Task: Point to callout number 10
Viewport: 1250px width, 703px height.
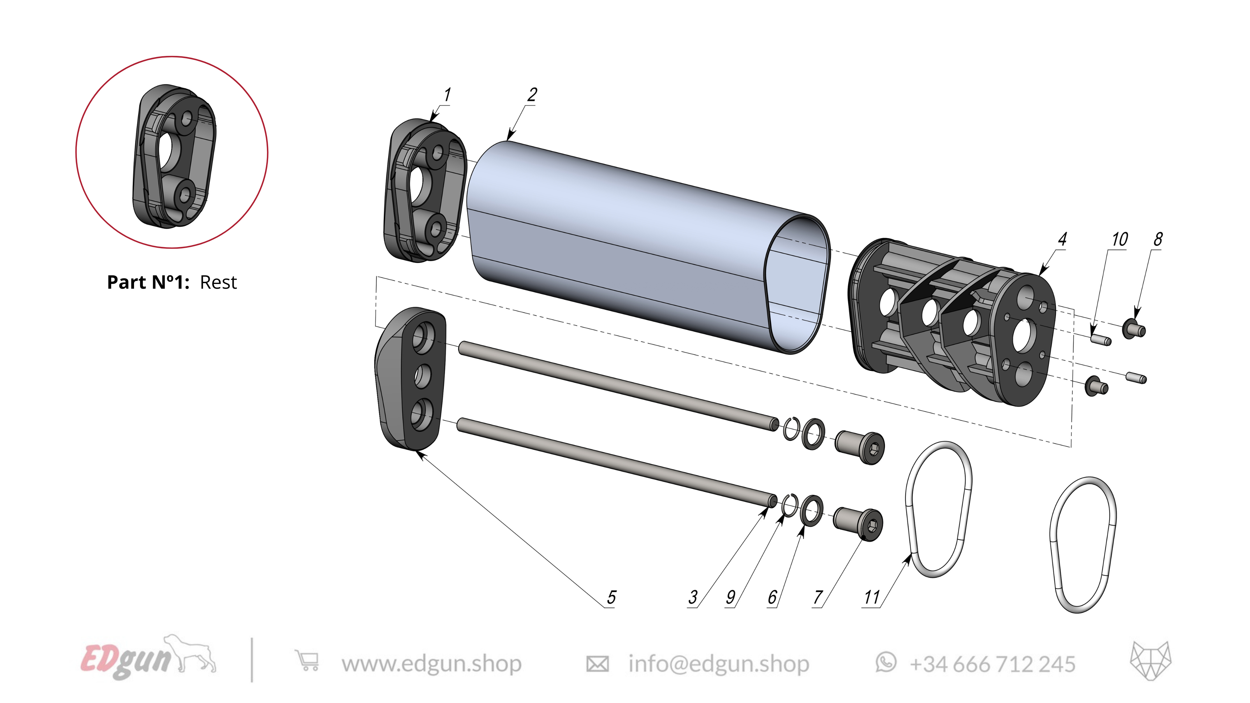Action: tap(1119, 239)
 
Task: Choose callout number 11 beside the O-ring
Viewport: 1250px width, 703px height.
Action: tap(872, 597)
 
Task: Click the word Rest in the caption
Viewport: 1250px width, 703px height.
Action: tap(218, 282)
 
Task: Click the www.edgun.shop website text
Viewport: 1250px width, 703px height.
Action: tap(431, 664)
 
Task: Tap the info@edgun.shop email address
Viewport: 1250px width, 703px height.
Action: tap(718, 664)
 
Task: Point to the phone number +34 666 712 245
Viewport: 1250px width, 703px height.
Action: tap(992, 664)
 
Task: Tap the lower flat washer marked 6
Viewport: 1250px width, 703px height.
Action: tap(811, 511)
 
